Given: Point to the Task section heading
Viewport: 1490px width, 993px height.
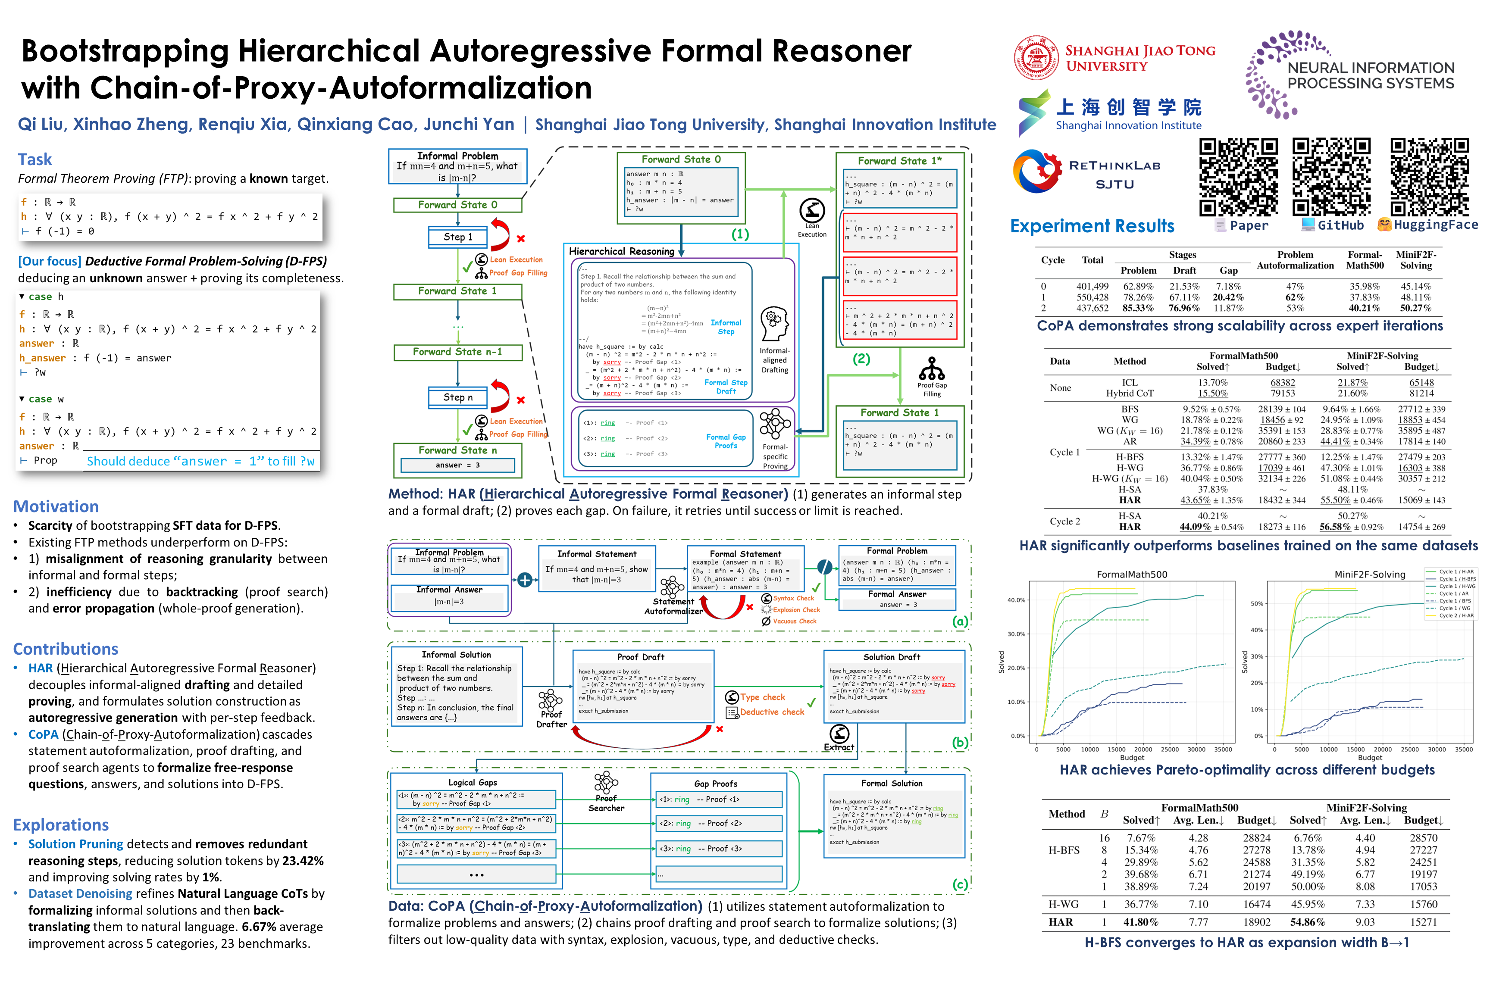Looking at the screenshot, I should pos(35,159).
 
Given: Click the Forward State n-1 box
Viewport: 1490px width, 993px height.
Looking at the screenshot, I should pos(457,352).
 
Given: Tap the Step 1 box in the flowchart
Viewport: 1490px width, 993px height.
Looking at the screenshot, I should pos(458,237).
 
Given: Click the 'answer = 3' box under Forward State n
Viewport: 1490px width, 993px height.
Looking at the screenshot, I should pos(457,465).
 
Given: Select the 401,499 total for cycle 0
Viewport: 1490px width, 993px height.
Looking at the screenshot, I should pos(1092,286).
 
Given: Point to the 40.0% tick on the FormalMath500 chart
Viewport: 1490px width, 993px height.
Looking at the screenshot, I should pos(1016,600).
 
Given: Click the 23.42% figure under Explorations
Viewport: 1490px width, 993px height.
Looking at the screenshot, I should pos(303,861).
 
